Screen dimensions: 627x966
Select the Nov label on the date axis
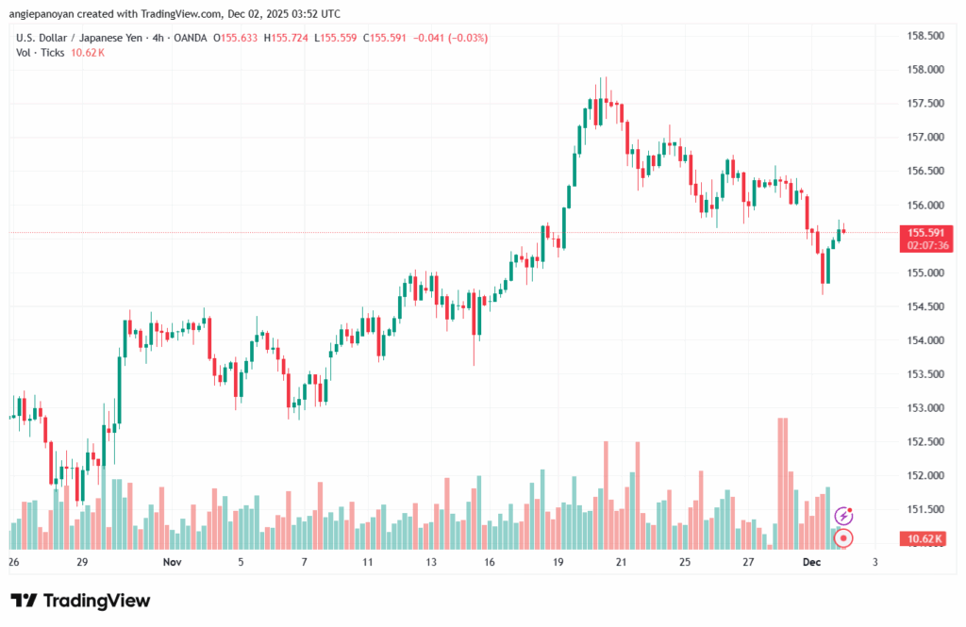[x=171, y=562]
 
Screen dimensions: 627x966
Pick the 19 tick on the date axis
[x=558, y=562]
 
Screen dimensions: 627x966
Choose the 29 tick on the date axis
[x=83, y=562]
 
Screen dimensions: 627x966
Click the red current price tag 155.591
[x=925, y=232]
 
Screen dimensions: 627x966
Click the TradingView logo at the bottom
[x=80, y=601]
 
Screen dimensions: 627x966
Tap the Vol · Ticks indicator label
[x=41, y=53]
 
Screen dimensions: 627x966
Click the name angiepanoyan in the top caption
[x=42, y=14]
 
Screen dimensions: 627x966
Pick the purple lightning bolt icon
[x=844, y=516]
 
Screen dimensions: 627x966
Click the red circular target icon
[x=844, y=538]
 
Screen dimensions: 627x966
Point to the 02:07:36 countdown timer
[x=925, y=245]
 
